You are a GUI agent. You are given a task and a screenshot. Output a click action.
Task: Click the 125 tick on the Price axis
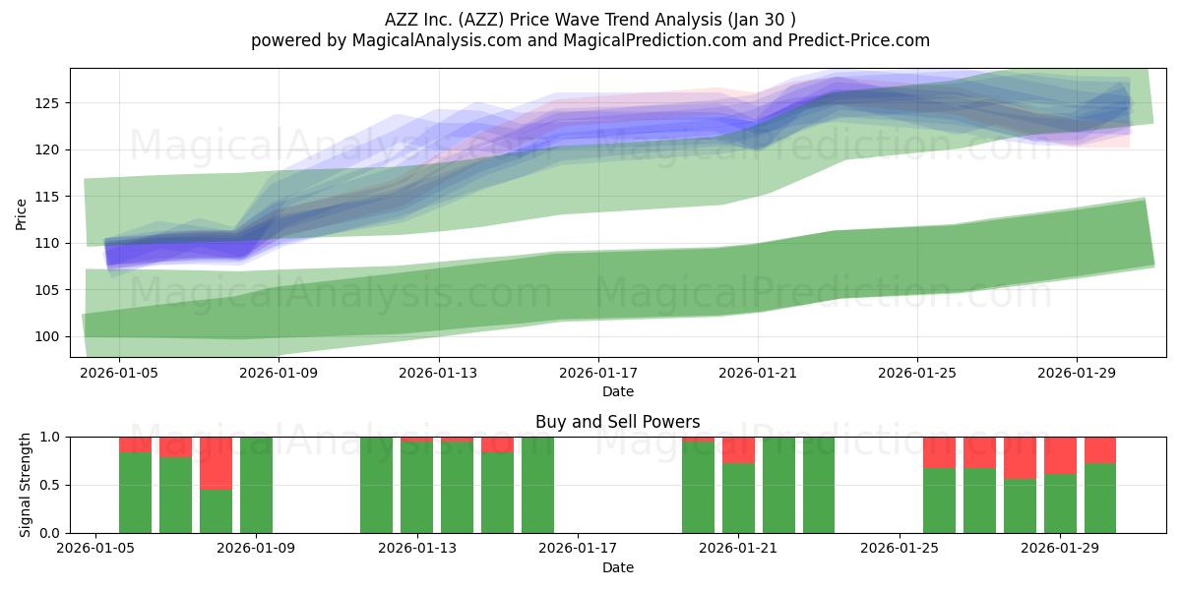[x=46, y=103]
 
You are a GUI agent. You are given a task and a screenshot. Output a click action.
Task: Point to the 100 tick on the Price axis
[x=46, y=336]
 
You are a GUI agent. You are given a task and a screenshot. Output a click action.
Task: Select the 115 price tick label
[x=46, y=197]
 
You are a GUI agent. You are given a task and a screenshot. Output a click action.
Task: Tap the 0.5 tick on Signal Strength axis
[x=50, y=485]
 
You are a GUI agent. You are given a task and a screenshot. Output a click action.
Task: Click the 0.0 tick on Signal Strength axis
[x=50, y=533]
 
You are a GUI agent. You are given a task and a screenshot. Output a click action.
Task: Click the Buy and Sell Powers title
[x=617, y=422]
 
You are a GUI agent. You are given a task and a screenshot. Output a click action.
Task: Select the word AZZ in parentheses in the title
[x=481, y=20]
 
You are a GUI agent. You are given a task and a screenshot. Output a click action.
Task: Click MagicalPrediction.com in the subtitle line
[x=654, y=40]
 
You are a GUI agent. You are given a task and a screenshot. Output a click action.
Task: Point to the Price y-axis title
[x=21, y=214]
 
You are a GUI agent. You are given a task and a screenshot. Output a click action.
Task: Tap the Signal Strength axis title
[x=25, y=485]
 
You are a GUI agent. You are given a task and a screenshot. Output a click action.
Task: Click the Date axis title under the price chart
[x=618, y=391]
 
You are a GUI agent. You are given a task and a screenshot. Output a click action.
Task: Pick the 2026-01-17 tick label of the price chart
[x=598, y=373]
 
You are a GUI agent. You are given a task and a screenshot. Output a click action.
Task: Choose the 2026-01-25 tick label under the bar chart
[x=900, y=549]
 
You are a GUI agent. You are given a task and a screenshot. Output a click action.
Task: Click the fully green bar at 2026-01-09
[x=256, y=485]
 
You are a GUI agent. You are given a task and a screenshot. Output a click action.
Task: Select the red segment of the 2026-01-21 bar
[x=739, y=450]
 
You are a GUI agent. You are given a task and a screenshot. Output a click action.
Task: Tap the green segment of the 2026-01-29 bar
[x=1060, y=503]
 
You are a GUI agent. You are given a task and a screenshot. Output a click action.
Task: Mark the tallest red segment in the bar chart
[x=216, y=463]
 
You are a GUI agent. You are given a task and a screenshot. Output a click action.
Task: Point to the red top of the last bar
[x=1100, y=450]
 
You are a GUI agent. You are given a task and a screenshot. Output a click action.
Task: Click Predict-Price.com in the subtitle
[x=859, y=40]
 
